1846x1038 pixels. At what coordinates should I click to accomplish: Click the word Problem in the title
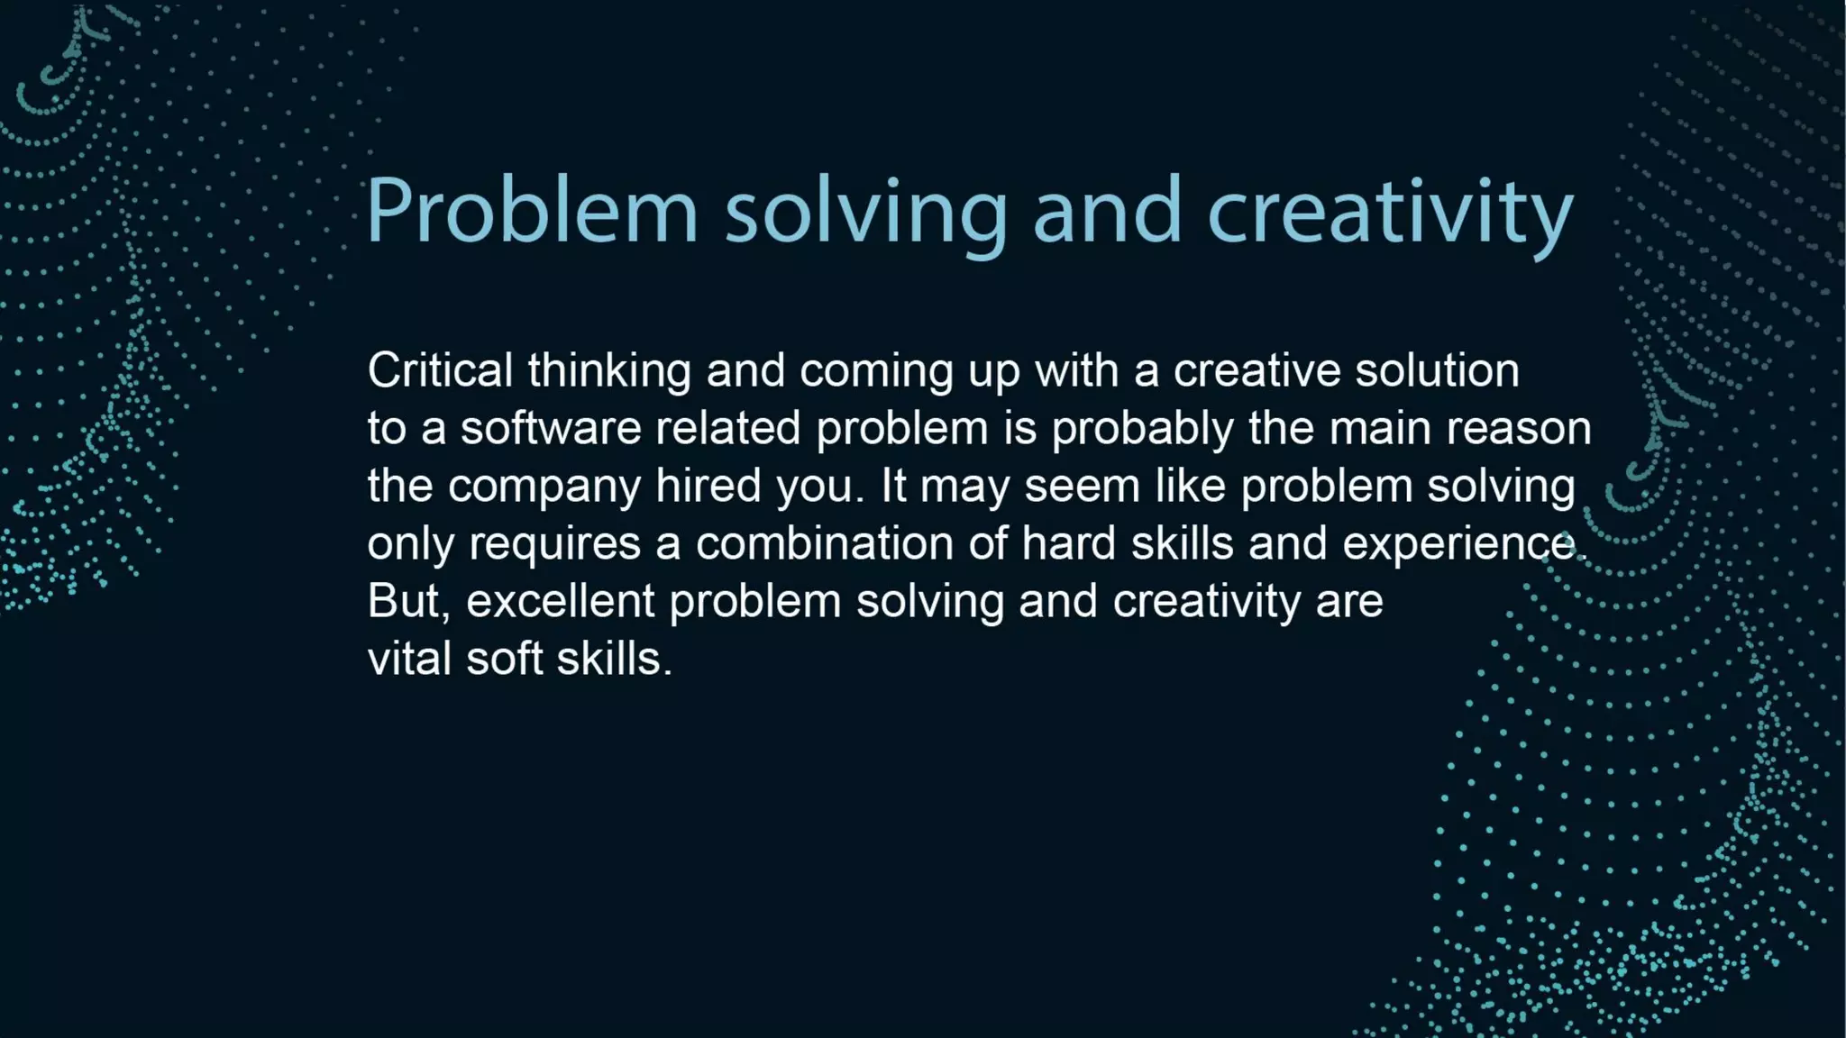[x=532, y=211]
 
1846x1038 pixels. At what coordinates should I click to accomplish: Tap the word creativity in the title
[x=1390, y=211]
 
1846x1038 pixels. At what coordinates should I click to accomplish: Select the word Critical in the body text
[x=440, y=370]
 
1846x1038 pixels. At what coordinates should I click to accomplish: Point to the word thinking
[x=609, y=370]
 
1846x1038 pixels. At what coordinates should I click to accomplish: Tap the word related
[x=727, y=428]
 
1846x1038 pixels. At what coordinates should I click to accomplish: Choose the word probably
[x=1142, y=430]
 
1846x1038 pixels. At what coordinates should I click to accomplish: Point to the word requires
[x=554, y=544]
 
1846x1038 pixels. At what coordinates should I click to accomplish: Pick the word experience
[x=1461, y=544]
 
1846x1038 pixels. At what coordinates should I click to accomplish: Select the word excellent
[x=560, y=601]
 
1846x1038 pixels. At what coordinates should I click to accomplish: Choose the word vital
[x=409, y=659]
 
